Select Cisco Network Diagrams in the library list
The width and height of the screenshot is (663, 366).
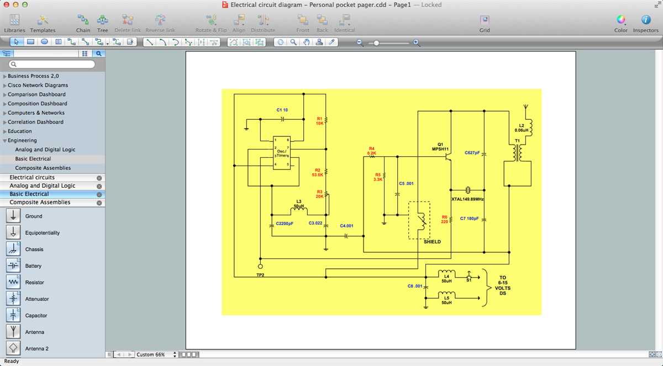[x=38, y=86]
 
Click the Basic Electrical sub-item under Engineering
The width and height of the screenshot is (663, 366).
[x=33, y=159]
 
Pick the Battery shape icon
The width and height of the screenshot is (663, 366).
[x=13, y=266]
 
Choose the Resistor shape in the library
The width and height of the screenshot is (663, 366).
[x=13, y=282]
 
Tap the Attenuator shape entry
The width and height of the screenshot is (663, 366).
[x=13, y=299]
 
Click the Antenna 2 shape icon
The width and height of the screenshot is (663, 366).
[x=13, y=348]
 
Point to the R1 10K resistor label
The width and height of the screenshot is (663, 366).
[x=320, y=121]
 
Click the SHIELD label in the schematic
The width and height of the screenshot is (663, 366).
[x=432, y=242]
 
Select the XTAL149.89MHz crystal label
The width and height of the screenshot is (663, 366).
[x=467, y=199]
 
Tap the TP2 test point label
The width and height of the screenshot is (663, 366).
[x=260, y=274]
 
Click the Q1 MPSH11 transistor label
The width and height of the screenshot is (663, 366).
[x=440, y=146]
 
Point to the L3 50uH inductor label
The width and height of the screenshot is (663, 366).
[x=299, y=204]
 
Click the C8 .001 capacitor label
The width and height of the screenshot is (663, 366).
[x=415, y=286]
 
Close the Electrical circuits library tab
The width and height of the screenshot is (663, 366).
[x=99, y=178]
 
